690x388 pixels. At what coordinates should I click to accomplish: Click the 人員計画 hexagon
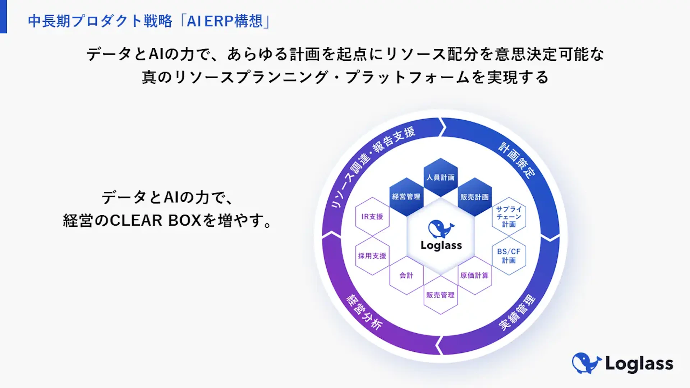441,177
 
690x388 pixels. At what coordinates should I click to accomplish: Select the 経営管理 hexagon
406,197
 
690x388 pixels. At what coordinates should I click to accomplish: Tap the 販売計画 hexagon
474,197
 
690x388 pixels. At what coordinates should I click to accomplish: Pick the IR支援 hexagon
372,217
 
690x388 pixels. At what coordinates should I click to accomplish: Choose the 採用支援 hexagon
372,256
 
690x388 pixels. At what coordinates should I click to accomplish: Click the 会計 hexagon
406,276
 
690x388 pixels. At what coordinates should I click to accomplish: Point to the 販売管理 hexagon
441,295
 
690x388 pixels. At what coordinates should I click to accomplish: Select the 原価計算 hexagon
474,276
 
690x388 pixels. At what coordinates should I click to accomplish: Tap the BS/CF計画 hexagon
509,256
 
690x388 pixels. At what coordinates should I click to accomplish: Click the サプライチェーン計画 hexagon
509,217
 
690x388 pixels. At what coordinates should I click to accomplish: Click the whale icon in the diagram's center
441,228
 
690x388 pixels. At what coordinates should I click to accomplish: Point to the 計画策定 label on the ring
517,160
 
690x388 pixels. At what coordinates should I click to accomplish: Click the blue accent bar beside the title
3,17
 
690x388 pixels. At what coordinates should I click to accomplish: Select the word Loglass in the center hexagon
441,245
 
